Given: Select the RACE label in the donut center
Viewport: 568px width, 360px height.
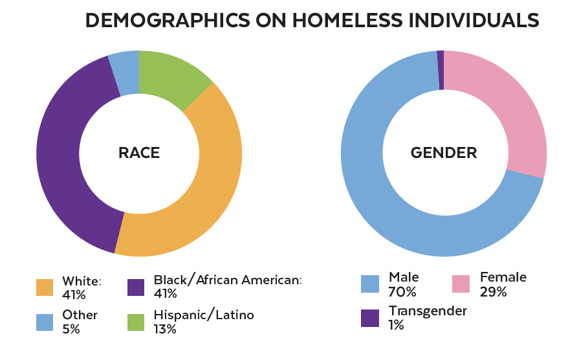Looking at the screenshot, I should [138, 153].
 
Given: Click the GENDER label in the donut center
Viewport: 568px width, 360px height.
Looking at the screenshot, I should [444, 153].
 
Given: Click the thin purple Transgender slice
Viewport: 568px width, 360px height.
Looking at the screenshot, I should [441, 70].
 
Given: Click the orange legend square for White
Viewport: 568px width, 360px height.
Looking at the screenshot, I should [45, 287].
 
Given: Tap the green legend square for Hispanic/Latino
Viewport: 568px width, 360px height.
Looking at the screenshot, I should [136, 322].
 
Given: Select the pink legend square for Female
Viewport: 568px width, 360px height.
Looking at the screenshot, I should [461, 284].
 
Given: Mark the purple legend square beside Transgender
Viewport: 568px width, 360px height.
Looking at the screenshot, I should [369, 318].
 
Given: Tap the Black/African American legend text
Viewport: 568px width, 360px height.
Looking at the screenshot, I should [228, 280].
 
